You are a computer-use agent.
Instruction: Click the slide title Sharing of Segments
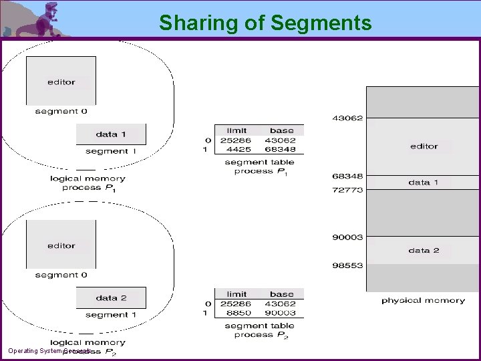coord(265,23)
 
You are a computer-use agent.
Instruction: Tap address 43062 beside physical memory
coord(347,118)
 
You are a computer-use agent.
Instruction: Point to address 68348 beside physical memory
coord(347,176)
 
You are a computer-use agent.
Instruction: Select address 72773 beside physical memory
coord(347,190)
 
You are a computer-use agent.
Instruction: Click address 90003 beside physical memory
coord(347,237)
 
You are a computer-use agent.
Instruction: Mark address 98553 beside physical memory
coord(347,265)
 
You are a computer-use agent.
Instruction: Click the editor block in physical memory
coord(424,146)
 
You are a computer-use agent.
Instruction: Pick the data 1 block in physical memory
coord(424,182)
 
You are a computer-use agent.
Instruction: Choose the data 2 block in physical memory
coord(424,250)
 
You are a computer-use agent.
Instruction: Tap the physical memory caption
coord(423,301)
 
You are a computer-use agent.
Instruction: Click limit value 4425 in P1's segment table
coord(236,150)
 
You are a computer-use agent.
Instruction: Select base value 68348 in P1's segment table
coord(281,150)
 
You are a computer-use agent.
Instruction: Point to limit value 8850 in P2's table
coord(236,313)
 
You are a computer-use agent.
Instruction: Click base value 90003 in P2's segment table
coord(281,313)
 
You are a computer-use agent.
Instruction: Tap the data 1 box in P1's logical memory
coord(111,134)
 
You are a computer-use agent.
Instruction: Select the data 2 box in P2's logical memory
coord(111,297)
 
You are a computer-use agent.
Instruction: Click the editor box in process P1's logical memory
coord(61,82)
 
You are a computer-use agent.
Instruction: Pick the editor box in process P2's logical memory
coord(61,245)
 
